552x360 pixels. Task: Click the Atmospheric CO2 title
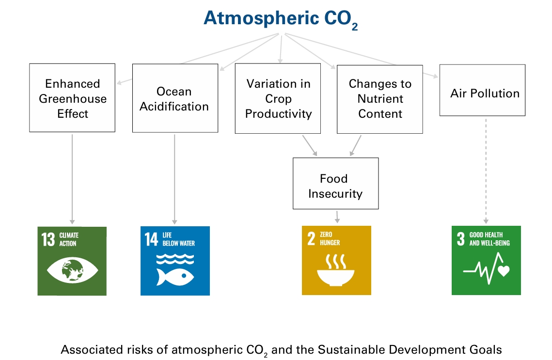(281, 19)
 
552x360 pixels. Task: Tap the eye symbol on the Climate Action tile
(72, 270)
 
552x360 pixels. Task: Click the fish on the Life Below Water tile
(175, 277)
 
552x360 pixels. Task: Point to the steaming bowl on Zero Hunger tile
(336, 270)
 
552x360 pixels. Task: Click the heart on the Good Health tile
(504, 271)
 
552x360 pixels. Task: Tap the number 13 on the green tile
(48, 239)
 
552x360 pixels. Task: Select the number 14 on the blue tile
(151, 239)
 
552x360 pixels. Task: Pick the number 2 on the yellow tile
(311, 238)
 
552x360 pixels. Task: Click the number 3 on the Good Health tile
(461, 238)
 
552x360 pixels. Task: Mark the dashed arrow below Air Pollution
(486, 171)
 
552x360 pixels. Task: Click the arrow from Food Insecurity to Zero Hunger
(337, 217)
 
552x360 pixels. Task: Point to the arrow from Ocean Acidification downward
(174, 179)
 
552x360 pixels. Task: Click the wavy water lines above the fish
(175, 259)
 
